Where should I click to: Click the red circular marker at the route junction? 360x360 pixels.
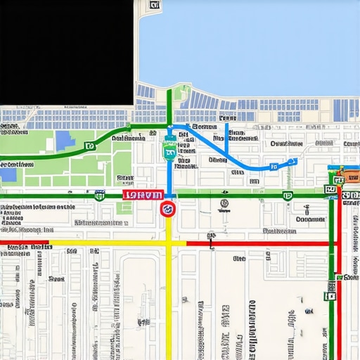[168, 208]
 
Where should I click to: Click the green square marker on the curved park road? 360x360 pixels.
[89, 146]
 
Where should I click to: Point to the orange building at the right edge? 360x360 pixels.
[349, 173]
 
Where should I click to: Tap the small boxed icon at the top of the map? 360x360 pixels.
[155, 6]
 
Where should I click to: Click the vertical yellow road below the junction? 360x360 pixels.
[169, 302]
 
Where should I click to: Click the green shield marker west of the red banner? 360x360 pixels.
[100, 195]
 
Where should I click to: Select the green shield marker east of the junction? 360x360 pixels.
[287, 195]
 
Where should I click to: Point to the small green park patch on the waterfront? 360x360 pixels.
[182, 94]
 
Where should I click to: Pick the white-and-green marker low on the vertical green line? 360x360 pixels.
[330, 296]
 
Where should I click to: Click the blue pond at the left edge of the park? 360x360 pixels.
[8, 174]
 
